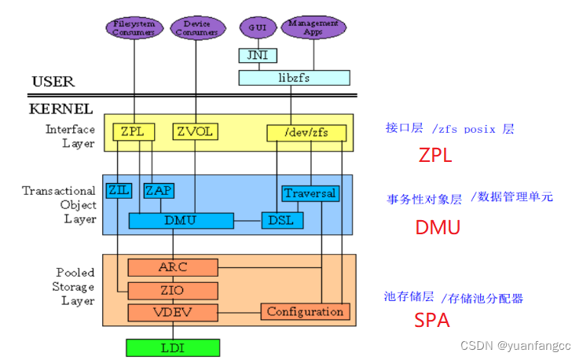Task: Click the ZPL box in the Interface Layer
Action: (133, 132)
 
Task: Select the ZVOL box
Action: (192, 132)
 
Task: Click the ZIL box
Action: (118, 191)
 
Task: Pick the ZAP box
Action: (158, 191)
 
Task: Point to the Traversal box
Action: (310, 193)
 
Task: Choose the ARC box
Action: (172, 267)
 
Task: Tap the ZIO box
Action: (172, 290)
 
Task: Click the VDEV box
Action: (172, 312)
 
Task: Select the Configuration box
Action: (305, 312)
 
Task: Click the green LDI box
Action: (172, 347)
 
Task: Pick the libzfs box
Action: (294, 78)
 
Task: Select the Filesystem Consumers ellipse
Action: (134, 28)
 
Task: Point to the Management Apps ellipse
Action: (312, 28)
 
